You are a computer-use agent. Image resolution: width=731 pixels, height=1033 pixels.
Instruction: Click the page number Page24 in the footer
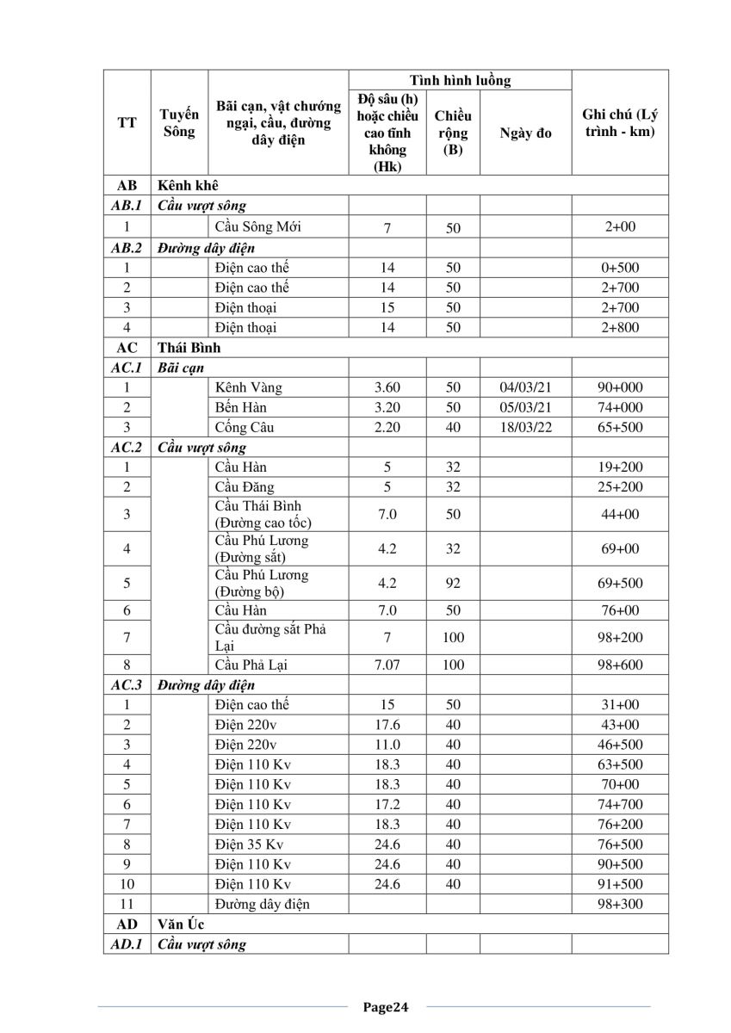click(385, 1006)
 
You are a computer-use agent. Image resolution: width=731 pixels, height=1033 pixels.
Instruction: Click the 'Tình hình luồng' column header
click(460, 81)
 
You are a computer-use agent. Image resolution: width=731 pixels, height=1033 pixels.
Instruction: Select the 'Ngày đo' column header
click(525, 133)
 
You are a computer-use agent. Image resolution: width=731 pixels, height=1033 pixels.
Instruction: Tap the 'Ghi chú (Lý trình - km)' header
click(620, 124)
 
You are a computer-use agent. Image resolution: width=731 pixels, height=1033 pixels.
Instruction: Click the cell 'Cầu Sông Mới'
click(257, 227)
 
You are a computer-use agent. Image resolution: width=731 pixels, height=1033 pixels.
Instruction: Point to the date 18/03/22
click(525, 427)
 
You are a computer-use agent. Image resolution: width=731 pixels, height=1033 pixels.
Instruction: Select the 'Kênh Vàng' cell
click(249, 387)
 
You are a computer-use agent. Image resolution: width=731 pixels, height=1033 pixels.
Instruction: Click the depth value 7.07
click(387, 665)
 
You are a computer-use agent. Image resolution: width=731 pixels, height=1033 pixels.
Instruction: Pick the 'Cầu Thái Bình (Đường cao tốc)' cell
click(263, 514)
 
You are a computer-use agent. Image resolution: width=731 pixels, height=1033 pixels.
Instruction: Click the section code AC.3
click(126, 685)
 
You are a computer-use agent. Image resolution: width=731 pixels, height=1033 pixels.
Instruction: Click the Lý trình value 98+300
click(620, 904)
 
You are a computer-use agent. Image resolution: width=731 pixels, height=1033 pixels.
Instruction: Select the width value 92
click(454, 583)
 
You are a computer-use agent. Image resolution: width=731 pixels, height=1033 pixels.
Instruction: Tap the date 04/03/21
click(525, 387)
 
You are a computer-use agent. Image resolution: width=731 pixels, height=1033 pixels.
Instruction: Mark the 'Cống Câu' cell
click(245, 427)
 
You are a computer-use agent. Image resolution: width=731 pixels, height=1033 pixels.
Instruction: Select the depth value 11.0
click(387, 745)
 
